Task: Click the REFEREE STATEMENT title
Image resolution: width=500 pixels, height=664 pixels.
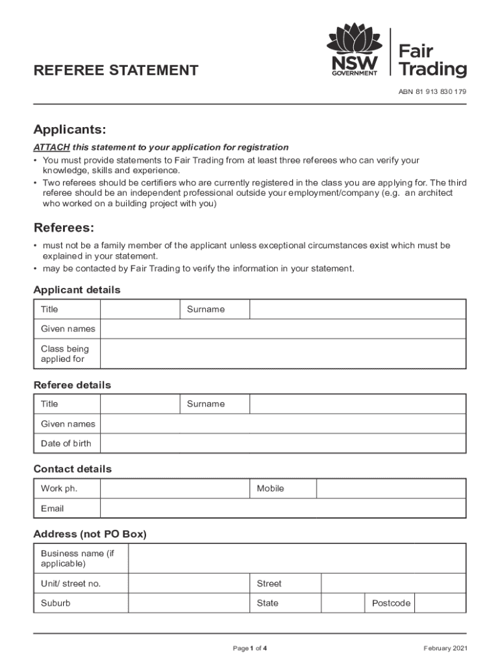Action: (x=116, y=71)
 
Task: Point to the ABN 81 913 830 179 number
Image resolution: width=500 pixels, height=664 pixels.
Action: (x=432, y=91)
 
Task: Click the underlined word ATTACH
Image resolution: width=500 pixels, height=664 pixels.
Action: (x=51, y=147)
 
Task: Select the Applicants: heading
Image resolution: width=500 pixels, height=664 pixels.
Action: (x=69, y=130)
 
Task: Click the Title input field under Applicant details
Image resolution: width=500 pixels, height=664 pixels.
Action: (x=139, y=309)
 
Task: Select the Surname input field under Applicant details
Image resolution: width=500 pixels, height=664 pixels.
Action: (x=357, y=309)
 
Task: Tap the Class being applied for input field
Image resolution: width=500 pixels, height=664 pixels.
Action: (x=282, y=354)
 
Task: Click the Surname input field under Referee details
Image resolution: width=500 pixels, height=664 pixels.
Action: (x=357, y=404)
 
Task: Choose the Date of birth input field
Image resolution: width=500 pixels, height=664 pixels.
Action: (x=282, y=444)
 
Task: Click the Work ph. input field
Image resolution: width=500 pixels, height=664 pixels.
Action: (x=175, y=488)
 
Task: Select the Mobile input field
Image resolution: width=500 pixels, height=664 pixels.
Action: (x=390, y=488)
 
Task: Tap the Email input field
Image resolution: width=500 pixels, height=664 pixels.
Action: (x=282, y=508)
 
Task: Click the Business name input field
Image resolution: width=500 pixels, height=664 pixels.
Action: (x=297, y=558)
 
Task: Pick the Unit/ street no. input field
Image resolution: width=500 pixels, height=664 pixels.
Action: (x=188, y=584)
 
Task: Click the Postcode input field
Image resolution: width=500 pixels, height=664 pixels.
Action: (x=440, y=603)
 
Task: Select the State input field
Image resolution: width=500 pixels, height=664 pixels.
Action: (x=342, y=603)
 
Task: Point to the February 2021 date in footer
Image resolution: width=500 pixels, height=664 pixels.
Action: (x=445, y=648)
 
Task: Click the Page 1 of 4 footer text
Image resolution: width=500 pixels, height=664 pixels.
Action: (x=250, y=648)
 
